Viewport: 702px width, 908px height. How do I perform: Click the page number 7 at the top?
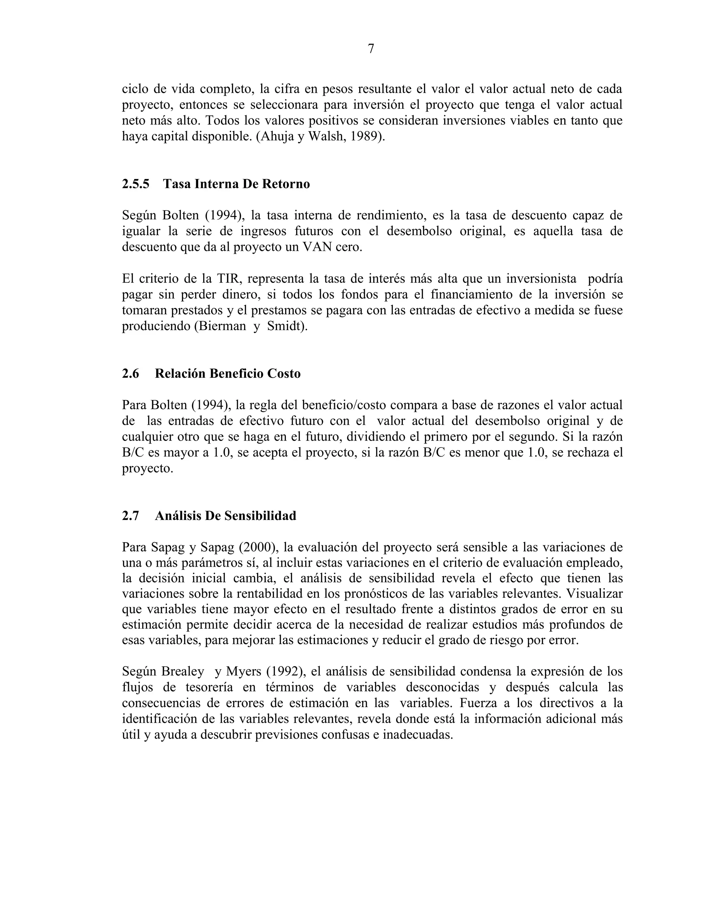pyautogui.click(x=371, y=49)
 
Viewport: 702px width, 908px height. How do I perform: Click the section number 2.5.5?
pyautogui.click(x=136, y=184)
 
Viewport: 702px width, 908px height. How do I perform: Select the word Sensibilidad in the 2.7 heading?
pyautogui.click(x=261, y=516)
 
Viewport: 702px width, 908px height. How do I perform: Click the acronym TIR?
pyautogui.click(x=229, y=279)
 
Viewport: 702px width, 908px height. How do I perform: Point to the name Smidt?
pyautogui.click(x=285, y=326)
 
